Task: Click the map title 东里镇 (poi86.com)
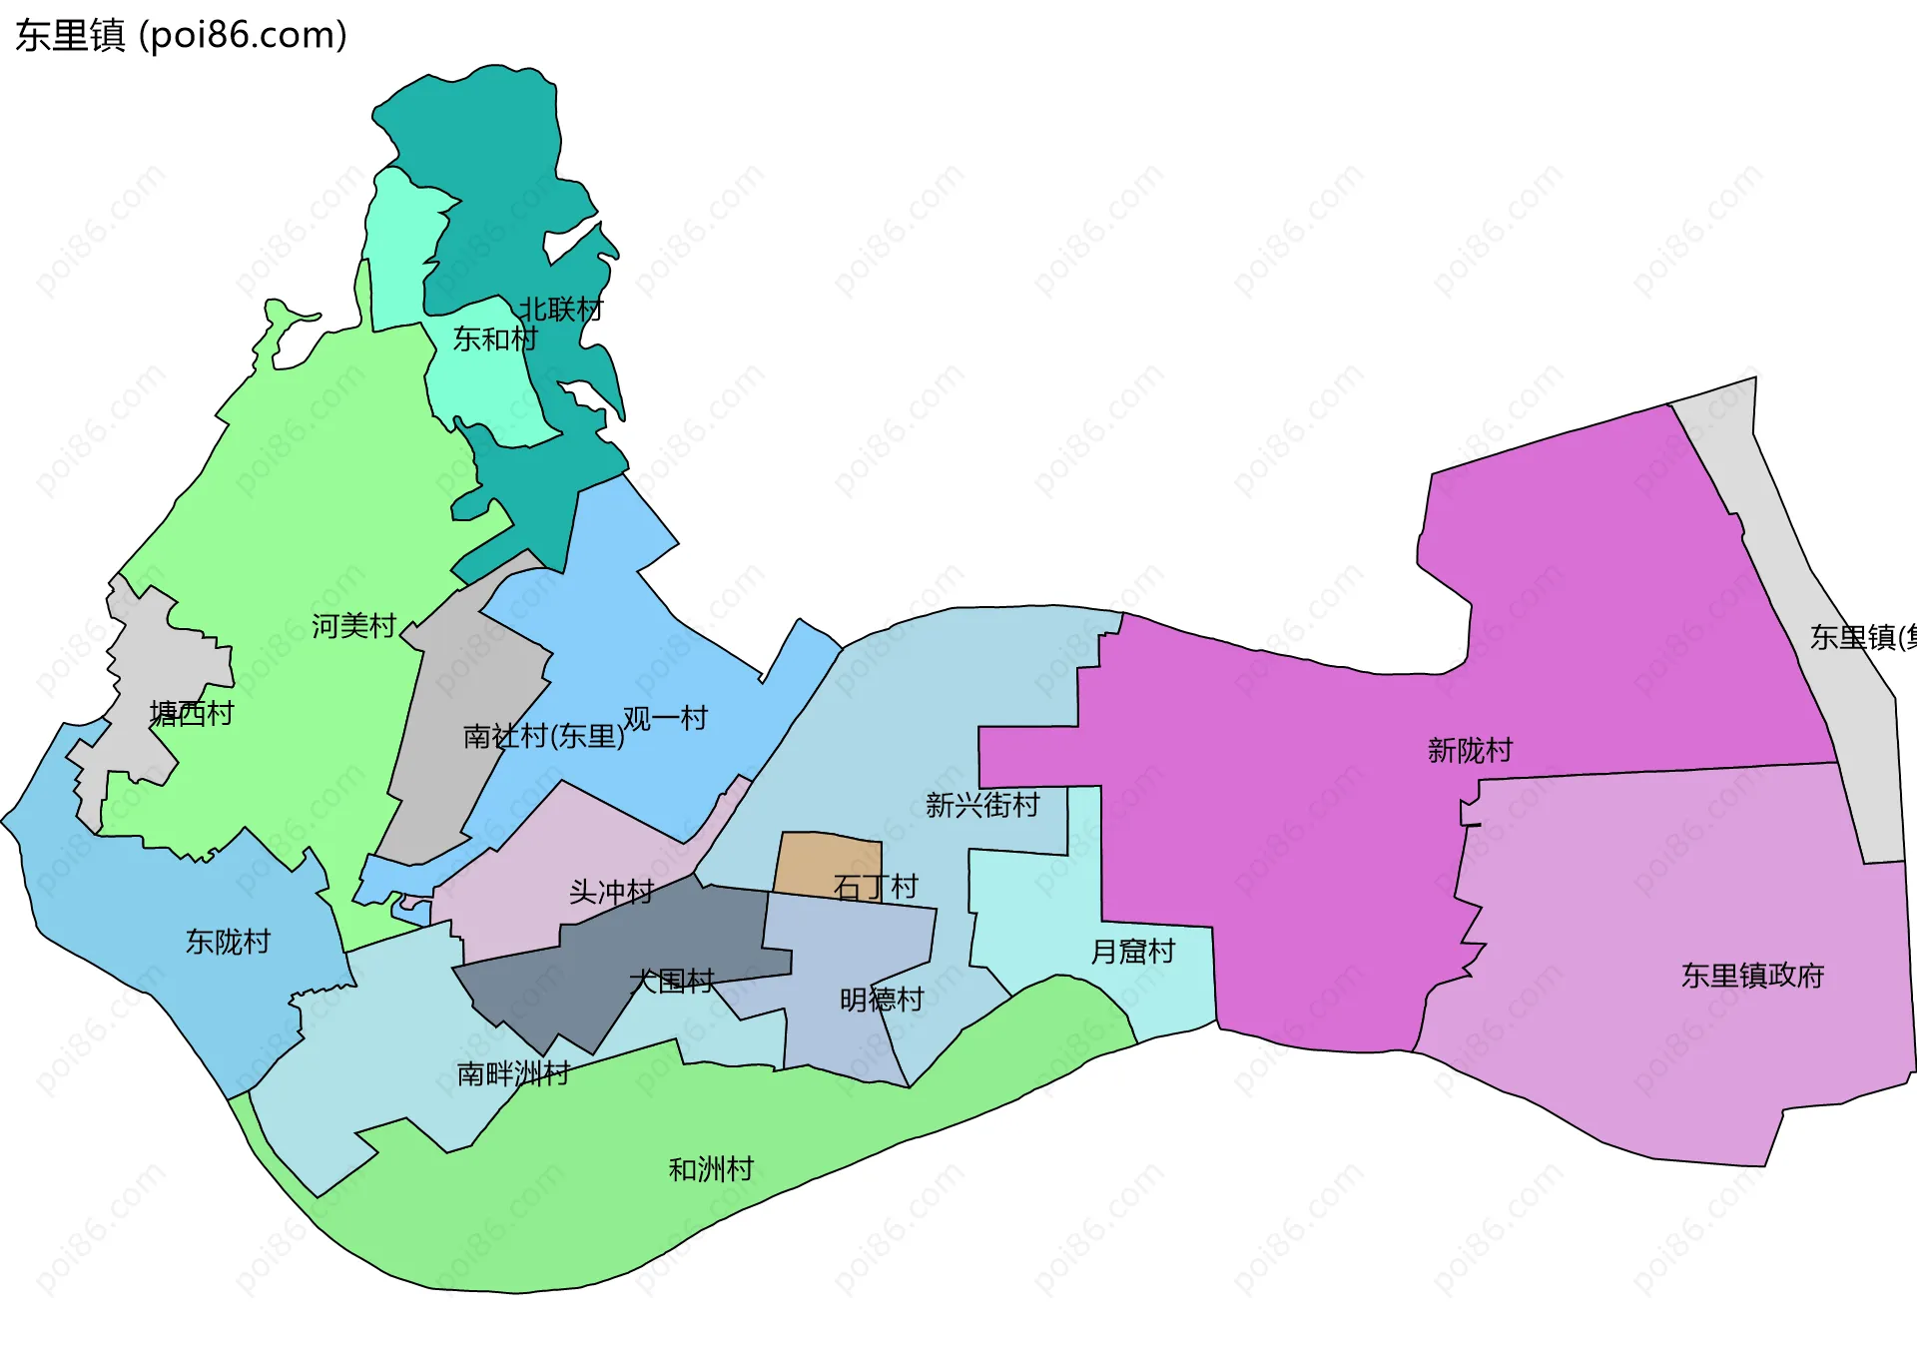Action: (x=181, y=35)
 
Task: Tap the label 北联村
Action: (x=560, y=310)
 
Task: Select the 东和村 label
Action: (x=495, y=340)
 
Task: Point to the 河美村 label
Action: (x=353, y=626)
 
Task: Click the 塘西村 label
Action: (x=192, y=713)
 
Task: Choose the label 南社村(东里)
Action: (x=543, y=737)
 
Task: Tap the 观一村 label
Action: (x=665, y=718)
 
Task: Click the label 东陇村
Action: (x=228, y=942)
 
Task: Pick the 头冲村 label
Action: (x=611, y=892)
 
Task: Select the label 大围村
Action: (x=672, y=982)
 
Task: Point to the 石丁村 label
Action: (x=876, y=887)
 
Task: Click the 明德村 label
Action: (x=882, y=1000)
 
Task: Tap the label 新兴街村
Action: (x=982, y=805)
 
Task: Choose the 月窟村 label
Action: (x=1133, y=952)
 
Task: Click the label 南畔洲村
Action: (x=513, y=1073)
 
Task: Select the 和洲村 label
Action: (x=711, y=1169)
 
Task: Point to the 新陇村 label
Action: (x=1470, y=750)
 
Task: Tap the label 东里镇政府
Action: (x=1752, y=976)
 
